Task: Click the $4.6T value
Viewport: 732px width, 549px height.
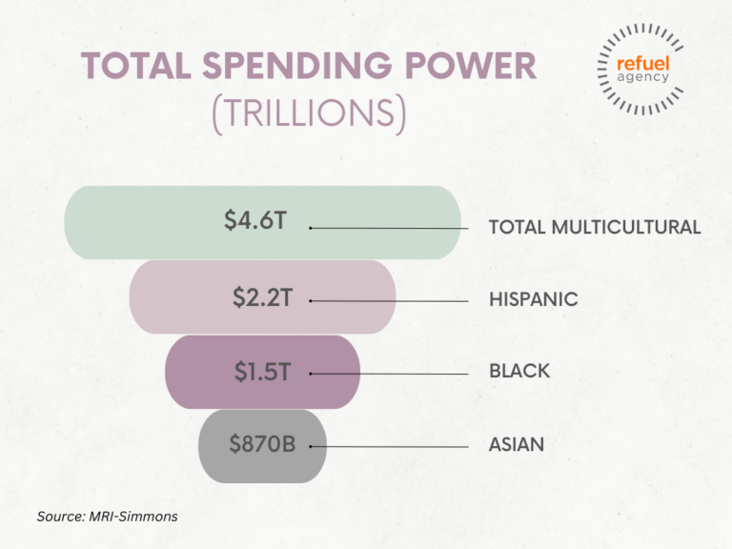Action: point(255,221)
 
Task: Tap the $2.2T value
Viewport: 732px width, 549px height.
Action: point(262,297)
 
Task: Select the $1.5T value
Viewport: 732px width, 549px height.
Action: point(263,372)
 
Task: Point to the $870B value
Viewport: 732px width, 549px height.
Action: point(262,444)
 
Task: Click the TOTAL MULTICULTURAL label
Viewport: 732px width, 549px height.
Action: point(595,228)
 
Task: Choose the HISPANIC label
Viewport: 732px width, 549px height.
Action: point(533,299)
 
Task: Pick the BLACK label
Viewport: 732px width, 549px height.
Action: point(519,372)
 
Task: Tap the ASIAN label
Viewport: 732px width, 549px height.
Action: point(517,445)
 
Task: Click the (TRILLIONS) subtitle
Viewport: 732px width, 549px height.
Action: point(308,113)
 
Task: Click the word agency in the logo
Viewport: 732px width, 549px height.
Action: point(641,77)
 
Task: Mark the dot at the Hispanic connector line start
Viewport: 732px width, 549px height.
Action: point(311,301)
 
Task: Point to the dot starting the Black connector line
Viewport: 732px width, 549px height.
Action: point(311,374)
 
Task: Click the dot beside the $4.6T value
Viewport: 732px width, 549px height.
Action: point(311,228)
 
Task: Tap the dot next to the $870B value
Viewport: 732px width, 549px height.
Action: point(311,446)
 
